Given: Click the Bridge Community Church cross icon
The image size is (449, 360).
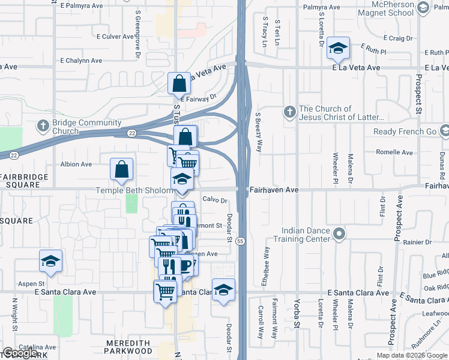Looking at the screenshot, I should (x=43, y=126).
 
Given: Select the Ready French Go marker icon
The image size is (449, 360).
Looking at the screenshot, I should (x=443, y=131).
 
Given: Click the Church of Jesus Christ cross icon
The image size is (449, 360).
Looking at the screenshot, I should (x=289, y=112).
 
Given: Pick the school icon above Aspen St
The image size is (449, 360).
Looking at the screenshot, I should (x=51, y=260).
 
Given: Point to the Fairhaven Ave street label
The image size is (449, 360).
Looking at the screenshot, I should (x=275, y=190).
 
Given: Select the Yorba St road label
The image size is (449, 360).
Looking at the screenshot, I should (x=297, y=310).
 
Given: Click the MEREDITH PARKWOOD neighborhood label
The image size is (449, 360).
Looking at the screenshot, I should (x=128, y=346).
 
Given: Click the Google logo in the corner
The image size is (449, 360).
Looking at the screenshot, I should (x=20, y=353).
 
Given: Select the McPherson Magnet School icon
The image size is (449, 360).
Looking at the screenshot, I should (x=423, y=8).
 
